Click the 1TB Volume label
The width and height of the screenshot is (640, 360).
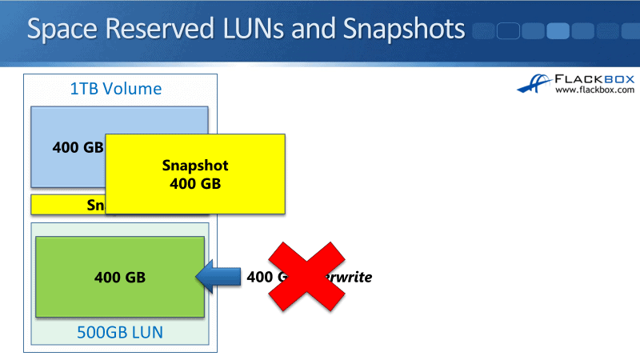tap(116, 89)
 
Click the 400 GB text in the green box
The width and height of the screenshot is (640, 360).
tap(119, 278)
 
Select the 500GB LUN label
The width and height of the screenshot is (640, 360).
tap(119, 330)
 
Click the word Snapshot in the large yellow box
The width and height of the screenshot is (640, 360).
tap(195, 166)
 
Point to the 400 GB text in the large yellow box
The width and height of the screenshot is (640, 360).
tap(195, 183)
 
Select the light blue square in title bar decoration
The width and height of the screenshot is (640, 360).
tap(558, 31)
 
